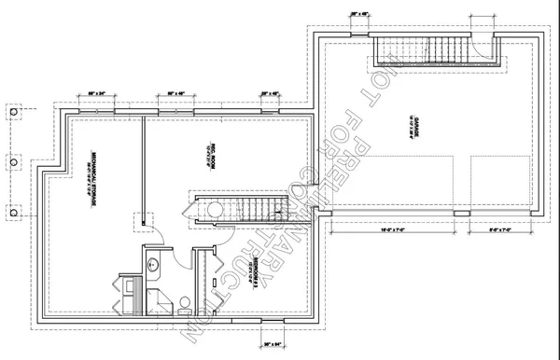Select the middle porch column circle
click(13, 159)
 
